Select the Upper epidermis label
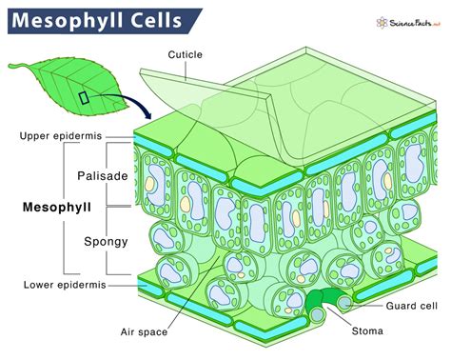61,136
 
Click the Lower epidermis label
60,285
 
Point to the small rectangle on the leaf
85,97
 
